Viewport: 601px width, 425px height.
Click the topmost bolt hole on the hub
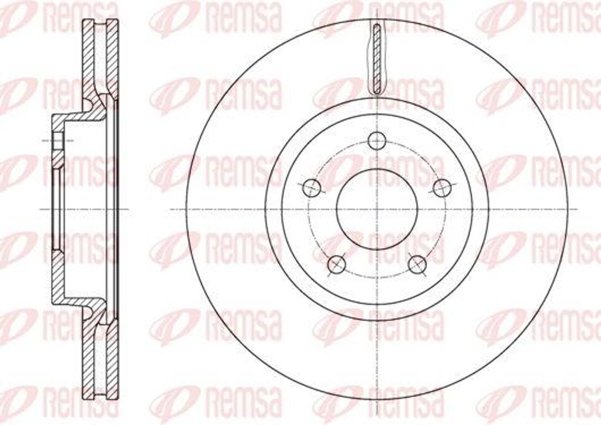pyautogui.click(x=376, y=141)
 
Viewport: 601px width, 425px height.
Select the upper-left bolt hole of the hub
pyautogui.click(x=311, y=188)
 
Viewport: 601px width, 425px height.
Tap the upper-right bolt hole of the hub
pyautogui.click(x=442, y=188)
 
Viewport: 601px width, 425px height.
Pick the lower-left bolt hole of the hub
pyautogui.click(x=336, y=264)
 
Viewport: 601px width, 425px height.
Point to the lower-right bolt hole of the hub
pyautogui.click(x=417, y=264)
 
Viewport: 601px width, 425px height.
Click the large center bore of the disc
pyautogui.click(x=377, y=209)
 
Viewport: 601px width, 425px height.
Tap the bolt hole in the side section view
pyautogui.click(x=58, y=141)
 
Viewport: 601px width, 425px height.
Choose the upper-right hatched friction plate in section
pyautogui.click(x=112, y=57)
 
